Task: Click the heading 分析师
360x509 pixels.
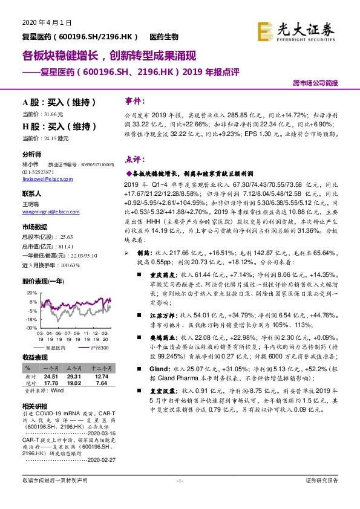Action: pyautogui.click(x=32, y=154)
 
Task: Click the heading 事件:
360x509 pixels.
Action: pyautogui.click(x=133, y=101)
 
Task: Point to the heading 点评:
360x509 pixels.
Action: pyautogui.click(x=133, y=160)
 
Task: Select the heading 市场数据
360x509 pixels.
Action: pyautogui.click(x=34, y=227)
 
